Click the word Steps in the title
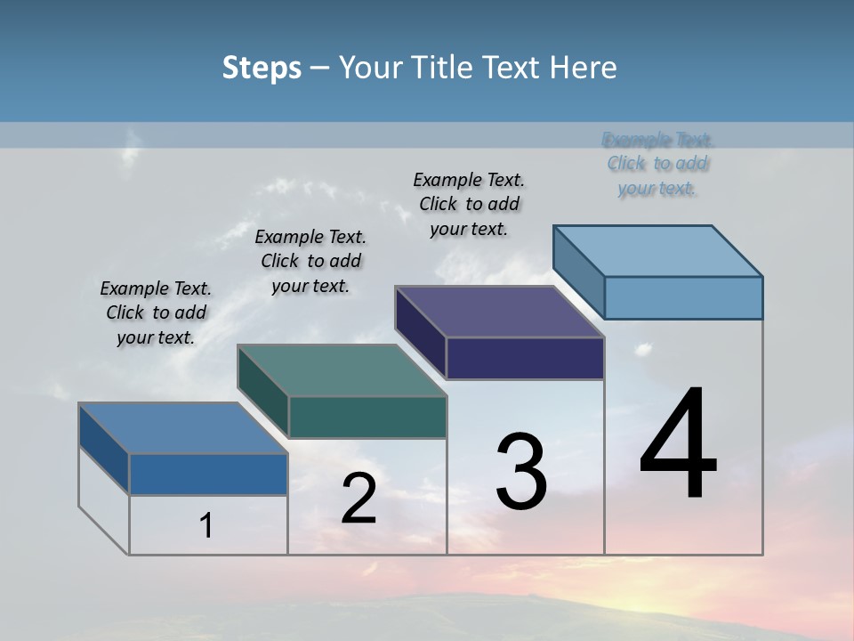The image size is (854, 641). (x=261, y=68)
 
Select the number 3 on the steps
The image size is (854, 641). (x=520, y=472)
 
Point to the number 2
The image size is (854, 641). (x=359, y=499)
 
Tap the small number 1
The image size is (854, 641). (x=205, y=525)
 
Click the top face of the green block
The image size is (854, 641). (x=342, y=370)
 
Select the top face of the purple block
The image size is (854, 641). (x=499, y=312)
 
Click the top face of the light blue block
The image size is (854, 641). (x=657, y=250)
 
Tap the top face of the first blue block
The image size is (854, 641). (x=183, y=428)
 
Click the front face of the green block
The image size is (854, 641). (x=367, y=417)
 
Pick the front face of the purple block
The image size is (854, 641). (x=525, y=358)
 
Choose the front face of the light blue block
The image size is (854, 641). (x=683, y=297)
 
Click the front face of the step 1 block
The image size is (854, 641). (x=208, y=474)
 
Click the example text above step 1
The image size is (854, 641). (x=156, y=312)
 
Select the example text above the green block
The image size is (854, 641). (x=310, y=261)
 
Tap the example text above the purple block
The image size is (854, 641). (x=469, y=204)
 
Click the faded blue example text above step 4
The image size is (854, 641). (x=657, y=164)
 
